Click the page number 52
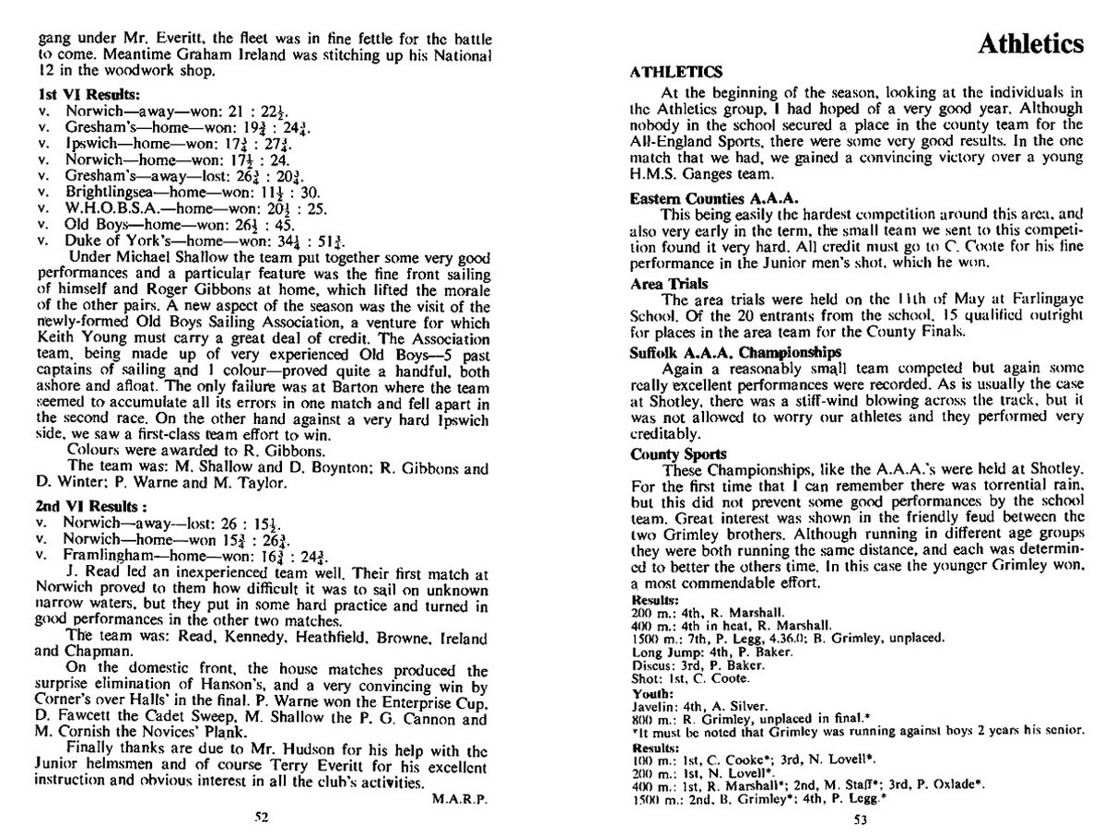pos(262,815)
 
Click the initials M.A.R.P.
pos(459,799)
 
